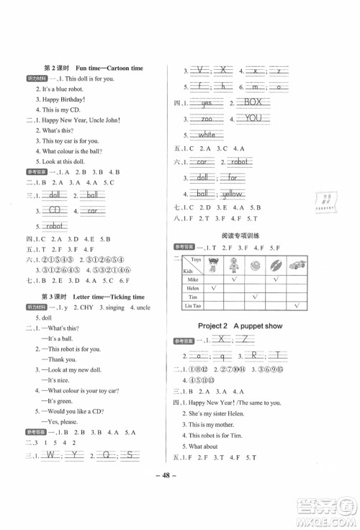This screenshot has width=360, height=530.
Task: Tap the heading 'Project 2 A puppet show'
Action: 243,325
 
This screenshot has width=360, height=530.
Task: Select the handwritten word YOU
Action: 253,118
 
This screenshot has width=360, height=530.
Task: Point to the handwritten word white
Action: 206,134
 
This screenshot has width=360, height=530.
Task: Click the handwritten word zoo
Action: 206,119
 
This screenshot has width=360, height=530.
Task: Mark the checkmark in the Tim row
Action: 254,297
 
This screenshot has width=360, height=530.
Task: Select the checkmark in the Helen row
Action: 214,286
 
